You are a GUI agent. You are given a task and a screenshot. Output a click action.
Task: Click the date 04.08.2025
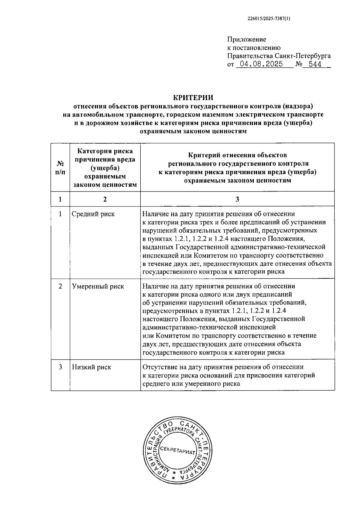click(259, 64)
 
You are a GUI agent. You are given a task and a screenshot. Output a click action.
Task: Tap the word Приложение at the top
click(247, 39)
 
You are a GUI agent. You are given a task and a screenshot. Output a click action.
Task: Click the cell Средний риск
click(93, 214)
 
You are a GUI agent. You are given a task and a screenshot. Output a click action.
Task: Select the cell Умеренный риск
click(98, 286)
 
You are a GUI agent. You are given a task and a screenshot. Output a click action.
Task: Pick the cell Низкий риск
click(91, 367)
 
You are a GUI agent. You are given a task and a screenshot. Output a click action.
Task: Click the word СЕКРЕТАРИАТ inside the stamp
click(178, 451)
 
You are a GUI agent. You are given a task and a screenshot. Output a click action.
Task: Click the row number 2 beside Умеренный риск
click(60, 286)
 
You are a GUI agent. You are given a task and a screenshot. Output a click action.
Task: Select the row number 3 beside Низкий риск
click(60, 367)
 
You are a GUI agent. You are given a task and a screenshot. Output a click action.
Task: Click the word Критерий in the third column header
click(203, 155)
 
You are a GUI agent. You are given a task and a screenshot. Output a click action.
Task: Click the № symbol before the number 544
click(298, 64)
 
